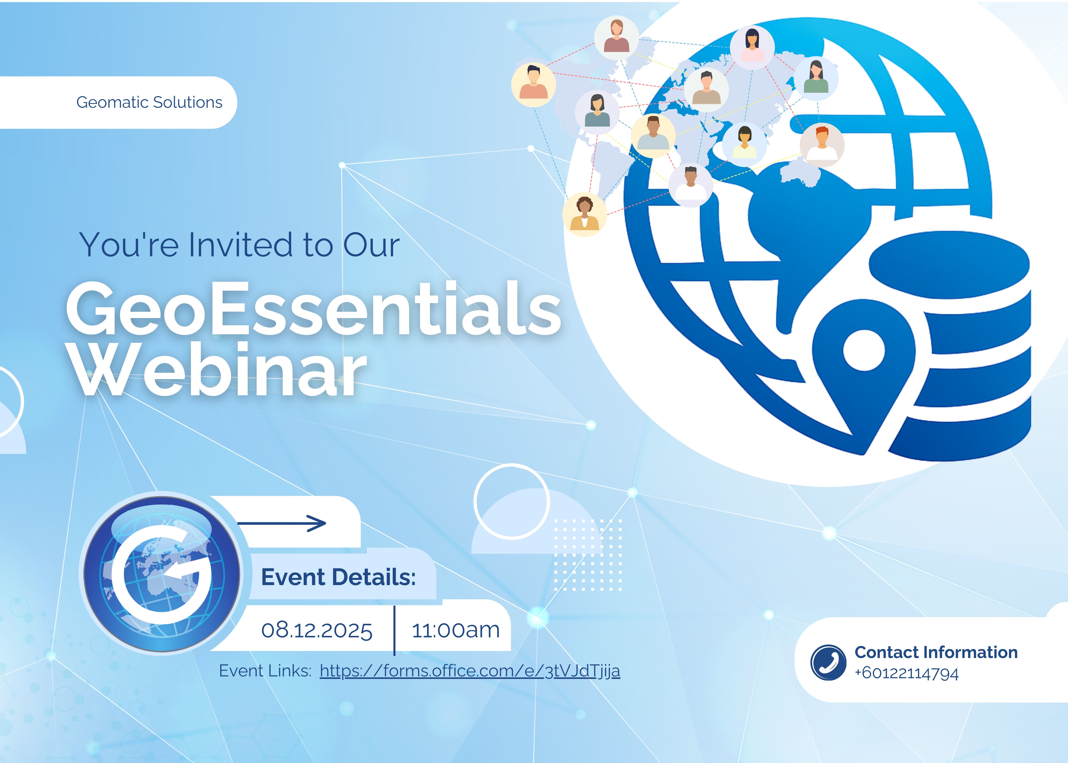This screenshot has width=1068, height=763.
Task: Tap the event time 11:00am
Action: tap(456, 630)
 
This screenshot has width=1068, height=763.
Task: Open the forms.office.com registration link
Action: tap(470, 671)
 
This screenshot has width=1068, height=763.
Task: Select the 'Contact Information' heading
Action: tap(936, 652)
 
